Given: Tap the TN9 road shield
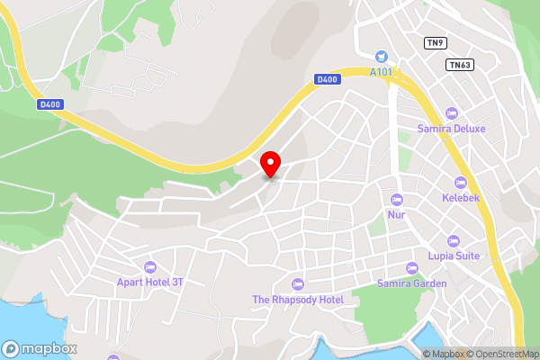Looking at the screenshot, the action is (x=436, y=42).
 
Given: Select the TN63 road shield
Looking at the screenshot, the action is (x=459, y=65).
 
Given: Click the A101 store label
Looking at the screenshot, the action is (x=382, y=72).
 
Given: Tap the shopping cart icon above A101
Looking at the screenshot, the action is (x=382, y=56).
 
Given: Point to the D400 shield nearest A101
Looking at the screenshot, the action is (x=328, y=79).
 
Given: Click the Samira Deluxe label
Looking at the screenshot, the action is (x=451, y=129).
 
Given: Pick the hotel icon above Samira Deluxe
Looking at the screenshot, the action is (x=452, y=113).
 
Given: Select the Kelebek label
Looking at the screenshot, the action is (x=461, y=197).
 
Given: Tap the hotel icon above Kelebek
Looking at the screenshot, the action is (x=461, y=183).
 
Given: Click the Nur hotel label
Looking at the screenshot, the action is (x=397, y=215).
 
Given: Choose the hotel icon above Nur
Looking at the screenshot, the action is (x=397, y=199).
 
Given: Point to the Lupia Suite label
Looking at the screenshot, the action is (x=454, y=256).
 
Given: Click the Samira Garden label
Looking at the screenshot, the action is (x=412, y=283).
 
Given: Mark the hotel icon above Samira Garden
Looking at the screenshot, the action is (x=412, y=267).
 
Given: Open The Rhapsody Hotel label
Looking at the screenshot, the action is (x=298, y=300).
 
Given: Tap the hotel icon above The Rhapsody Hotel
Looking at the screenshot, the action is (x=298, y=284).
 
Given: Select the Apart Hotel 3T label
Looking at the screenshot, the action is (x=149, y=282).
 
